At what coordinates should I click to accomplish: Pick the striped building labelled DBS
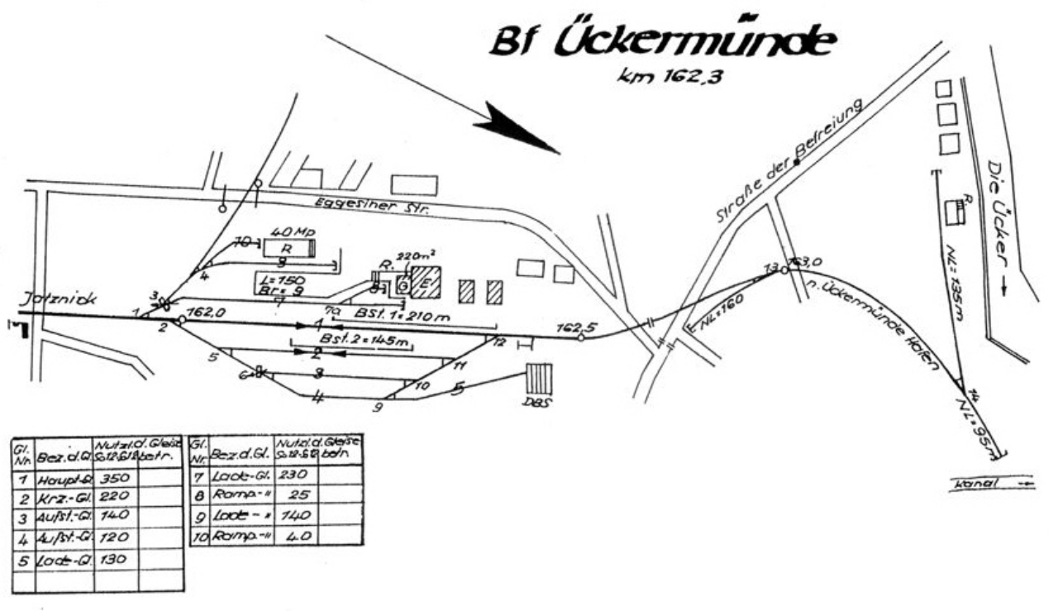[x=539, y=379]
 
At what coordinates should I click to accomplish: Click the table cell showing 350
[x=114, y=479]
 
